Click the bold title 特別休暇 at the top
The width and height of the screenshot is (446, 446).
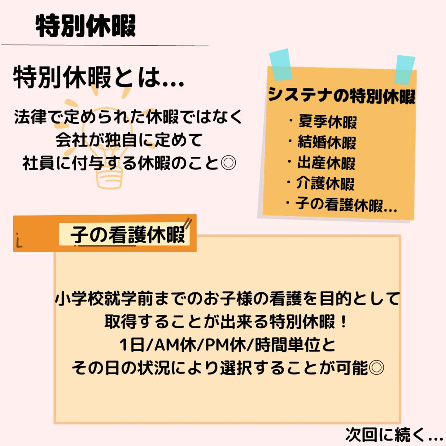[x=86, y=26]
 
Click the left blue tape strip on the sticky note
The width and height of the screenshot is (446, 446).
[x=280, y=64]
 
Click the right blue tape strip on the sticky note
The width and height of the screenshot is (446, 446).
[x=405, y=70]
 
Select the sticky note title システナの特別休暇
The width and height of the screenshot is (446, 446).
[x=341, y=95]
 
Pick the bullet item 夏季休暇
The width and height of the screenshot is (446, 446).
[x=327, y=121]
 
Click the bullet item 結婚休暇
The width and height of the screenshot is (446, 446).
[x=326, y=142]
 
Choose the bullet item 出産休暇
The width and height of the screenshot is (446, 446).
[x=326, y=163]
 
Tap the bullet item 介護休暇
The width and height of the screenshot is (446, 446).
[x=325, y=183]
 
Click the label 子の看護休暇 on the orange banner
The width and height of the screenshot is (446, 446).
[x=128, y=235]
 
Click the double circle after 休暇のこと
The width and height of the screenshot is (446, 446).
[x=229, y=163]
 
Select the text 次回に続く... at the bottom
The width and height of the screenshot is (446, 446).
[x=394, y=435]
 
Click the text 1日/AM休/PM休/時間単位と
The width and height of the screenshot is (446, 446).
[x=228, y=345]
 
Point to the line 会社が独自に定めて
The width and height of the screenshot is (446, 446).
[x=129, y=140]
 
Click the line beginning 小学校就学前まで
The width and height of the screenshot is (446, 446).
[x=227, y=299]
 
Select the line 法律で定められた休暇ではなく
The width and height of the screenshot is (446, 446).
[x=128, y=117]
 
